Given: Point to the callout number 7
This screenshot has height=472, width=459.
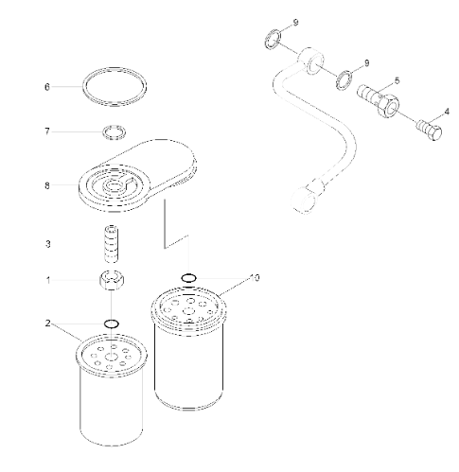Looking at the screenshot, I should [46, 131].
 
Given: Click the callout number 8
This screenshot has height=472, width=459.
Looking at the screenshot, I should [46, 185].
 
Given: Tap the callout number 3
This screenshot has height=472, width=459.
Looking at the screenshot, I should [46, 243].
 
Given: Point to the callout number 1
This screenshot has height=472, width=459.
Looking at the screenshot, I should [46, 280].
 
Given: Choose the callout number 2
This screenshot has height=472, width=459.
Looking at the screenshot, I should [46, 323].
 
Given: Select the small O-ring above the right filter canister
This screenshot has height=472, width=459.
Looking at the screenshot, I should [189, 277].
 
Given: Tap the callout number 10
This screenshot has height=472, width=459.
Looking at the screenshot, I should [253, 278].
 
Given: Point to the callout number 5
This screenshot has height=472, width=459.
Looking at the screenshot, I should [396, 79].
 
